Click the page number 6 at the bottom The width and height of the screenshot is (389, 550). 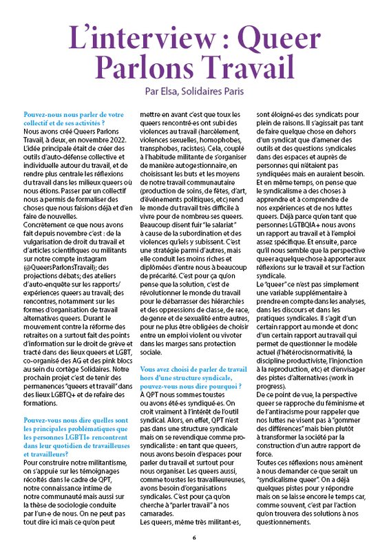[194, 537]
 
